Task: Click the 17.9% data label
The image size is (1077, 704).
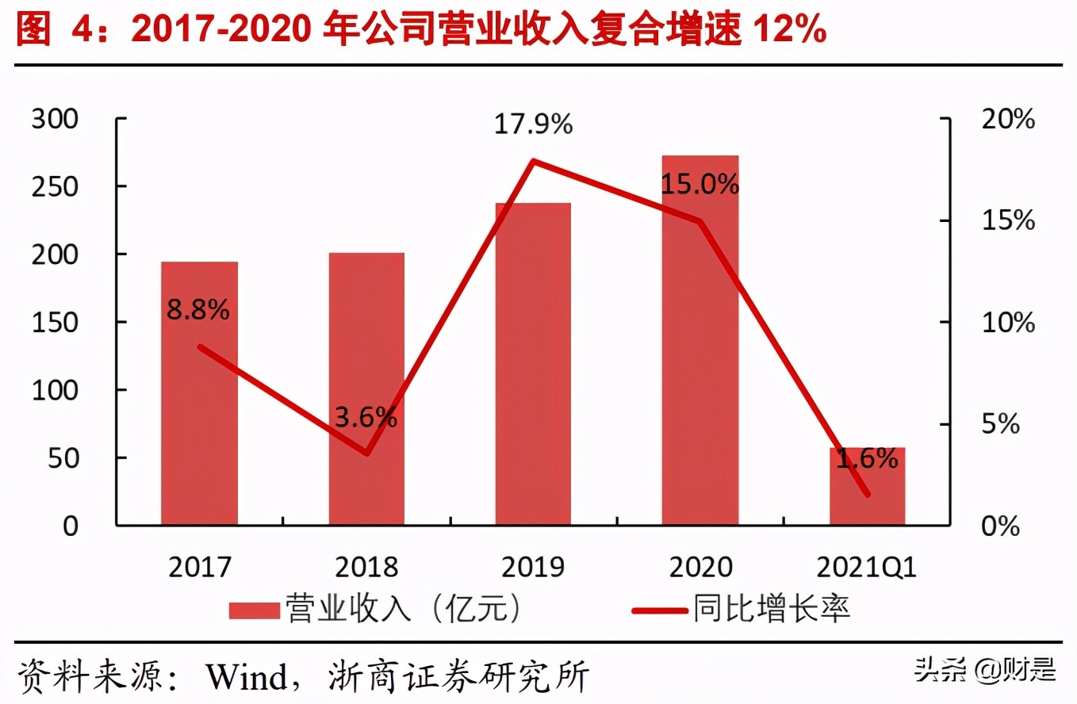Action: pos(533,124)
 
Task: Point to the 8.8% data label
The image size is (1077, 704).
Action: pos(197,309)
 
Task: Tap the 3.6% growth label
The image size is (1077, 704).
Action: pos(366,417)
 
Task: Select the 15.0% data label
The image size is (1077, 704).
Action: pos(700,185)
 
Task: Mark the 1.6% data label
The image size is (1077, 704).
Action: pos(867,459)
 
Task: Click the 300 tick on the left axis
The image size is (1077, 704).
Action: pos(55,120)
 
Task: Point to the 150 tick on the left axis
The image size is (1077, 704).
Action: pos(55,323)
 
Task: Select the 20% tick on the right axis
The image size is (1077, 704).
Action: pos(1008,120)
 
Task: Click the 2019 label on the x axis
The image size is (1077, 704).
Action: pos(533,568)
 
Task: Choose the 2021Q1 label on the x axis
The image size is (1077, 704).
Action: pos(867,568)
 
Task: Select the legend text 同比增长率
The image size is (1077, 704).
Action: pos(772,609)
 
